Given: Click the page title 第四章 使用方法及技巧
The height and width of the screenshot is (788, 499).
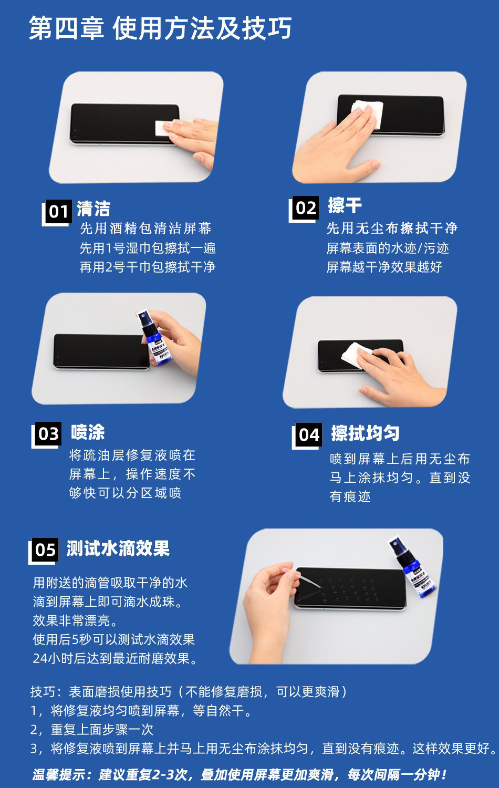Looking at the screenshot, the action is coord(160,28).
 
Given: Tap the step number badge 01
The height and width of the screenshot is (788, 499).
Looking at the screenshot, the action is coord(58,211).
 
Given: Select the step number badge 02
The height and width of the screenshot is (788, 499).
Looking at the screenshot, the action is coord(306,208).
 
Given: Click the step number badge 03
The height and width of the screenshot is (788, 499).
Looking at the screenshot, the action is coord(48,433).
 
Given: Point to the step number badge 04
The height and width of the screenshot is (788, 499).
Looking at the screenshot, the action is coord(309,434).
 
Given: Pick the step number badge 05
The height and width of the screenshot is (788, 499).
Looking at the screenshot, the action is coord(45,549).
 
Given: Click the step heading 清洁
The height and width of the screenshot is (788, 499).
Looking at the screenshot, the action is coord(93,209).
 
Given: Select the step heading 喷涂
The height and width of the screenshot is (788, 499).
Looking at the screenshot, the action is coord(88,432).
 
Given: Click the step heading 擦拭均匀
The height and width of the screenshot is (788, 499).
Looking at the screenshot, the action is coord(365,433).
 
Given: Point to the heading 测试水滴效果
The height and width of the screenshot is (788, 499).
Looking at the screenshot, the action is coord(118,548).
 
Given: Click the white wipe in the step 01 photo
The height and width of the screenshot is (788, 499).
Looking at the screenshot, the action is coord(163,128).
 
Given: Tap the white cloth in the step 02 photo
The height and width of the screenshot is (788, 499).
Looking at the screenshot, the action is coord(368,111).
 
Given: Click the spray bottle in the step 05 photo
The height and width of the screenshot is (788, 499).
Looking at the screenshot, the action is coord(412,567).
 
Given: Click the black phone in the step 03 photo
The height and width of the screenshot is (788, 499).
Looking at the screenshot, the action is coord(101,351).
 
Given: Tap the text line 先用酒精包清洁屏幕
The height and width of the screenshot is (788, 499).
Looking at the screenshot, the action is coord(145,229).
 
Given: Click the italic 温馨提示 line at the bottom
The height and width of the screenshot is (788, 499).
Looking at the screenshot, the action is coord(239,774).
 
